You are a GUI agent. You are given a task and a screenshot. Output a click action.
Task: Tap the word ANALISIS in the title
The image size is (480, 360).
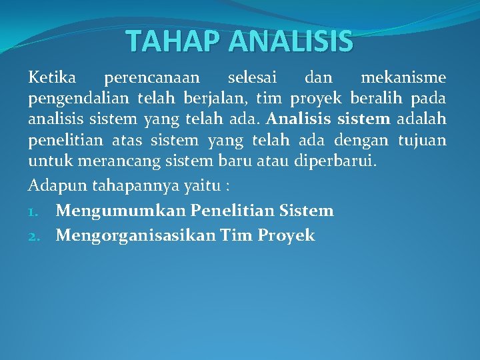291,41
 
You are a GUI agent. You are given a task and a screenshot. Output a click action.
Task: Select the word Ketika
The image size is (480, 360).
51,78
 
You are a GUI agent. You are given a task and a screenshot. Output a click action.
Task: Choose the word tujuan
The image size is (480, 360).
422,141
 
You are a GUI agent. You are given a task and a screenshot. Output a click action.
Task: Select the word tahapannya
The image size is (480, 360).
133,184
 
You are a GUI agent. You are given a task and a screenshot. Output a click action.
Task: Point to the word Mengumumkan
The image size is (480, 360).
121,211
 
